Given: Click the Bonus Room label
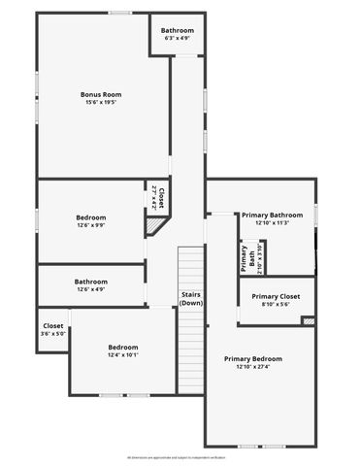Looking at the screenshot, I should (x=100, y=94).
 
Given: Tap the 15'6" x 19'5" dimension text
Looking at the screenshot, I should (x=100, y=102).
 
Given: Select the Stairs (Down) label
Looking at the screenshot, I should (x=191, y=298).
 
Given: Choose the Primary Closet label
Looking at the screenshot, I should (x=277, y=296).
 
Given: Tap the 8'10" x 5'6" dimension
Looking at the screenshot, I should (x=277, y=304).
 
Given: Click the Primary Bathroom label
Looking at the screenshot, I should (x=273, y=215).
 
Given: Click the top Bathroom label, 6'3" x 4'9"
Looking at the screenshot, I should (x=178, y=30).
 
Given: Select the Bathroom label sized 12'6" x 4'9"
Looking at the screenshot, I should (x=91, y=282).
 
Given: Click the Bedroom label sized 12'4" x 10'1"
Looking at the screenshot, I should (x=123, y=347).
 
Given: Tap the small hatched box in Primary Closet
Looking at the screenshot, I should (x=309, y=320).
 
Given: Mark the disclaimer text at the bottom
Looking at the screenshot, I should (x=180, y=454).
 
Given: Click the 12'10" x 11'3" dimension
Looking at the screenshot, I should (x=273, y=222).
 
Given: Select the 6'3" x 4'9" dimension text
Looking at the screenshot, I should (x=178, y=38).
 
